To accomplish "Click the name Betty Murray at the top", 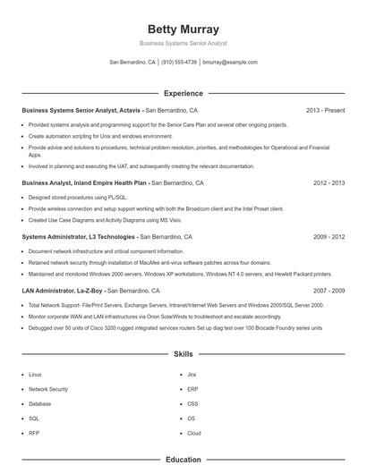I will click(183, 29).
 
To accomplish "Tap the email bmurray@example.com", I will click(230, 63).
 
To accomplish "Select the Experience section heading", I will click(183, 93).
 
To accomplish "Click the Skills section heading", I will click(183, 354).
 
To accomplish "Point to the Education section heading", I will click(183, 460).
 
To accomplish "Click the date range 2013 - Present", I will click(325, 110).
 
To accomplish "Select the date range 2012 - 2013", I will click(329, 182).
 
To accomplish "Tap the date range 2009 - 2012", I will click(329, 237).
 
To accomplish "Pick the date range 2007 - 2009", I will click(329, 291).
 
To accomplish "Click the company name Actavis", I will click(129, 110).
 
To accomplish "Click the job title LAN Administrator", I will click(50, 291).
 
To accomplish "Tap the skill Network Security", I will click(48, 389).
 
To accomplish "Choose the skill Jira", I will click(192, 375).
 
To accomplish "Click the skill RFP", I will click(34, 432).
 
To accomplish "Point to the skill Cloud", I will click(194, 432).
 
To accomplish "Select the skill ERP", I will click(192, 389).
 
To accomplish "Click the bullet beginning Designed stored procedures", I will click(78, 197).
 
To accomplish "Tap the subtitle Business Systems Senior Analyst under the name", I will click(183, 43).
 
